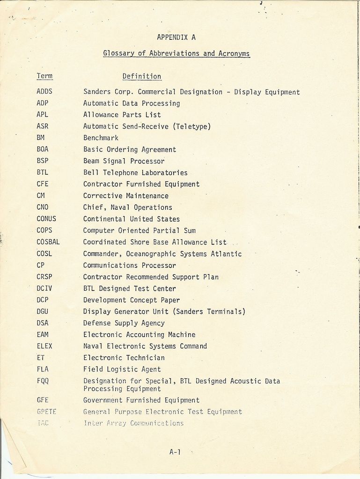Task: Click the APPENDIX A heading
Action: [x=176, y=37]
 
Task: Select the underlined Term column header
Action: [x=44, y=76]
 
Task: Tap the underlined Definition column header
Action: [x=142, y=76]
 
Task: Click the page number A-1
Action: [x=175, y=452]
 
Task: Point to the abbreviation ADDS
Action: [x=44, y=92]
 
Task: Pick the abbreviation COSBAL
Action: [x=48, y=242]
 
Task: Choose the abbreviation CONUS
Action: [x=46, y=219]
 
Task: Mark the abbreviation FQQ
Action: [x=43, y=381]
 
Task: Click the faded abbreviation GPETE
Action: [x=46, y=412]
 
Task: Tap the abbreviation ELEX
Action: [x=44, y=346]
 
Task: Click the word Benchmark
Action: [x=101, y=138]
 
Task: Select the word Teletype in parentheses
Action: [x=193, y=126]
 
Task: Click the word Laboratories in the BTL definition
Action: [x=164, y=173]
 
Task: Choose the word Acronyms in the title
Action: [x=234, y=53]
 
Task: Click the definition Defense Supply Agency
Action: [x=124, y=323]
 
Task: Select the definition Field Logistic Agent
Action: [x=122, y=369]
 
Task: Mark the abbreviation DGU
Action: [x=43, y=311]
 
